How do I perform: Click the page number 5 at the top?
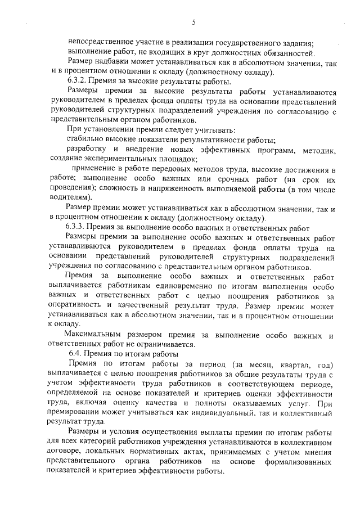pos(193,22)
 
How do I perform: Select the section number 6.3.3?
pos(77,228)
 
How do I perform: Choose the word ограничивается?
pos(166,345)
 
